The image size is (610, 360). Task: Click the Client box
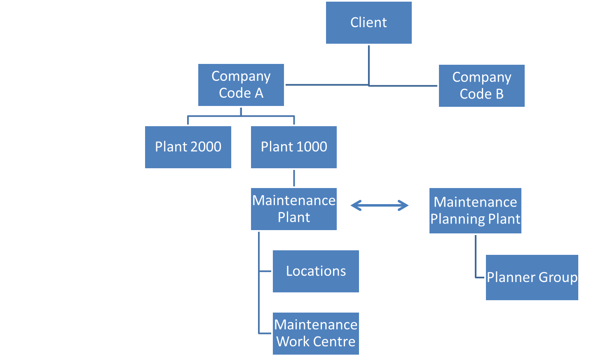[368, 23]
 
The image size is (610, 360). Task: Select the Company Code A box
[241, 85]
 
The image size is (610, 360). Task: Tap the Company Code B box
[481, 86]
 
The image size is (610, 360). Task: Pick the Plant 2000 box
[188, 147]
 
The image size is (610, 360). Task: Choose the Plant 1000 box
[294, 147]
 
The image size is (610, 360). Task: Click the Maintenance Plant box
[294, 209]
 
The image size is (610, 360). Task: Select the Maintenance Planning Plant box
[475, 211]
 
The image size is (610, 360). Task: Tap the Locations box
[316, 271]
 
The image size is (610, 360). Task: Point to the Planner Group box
[532, 278]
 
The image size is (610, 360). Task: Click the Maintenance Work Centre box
[316, 334]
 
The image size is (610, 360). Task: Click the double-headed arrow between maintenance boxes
[380, 205]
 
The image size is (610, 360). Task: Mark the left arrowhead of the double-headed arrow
[355, 205]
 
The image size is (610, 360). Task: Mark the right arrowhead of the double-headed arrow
[404, 205]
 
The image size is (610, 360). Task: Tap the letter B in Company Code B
[500, 94]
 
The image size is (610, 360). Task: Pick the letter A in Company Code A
[259, 94]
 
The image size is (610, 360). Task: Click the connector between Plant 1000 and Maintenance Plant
[294, 178]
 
